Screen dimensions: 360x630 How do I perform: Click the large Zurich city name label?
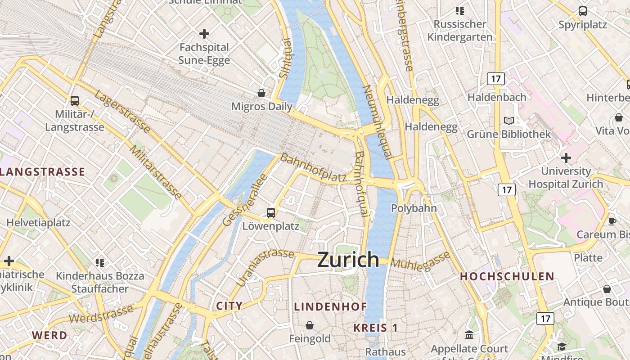(x=348, y=260)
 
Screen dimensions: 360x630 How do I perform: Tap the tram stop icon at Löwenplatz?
(x=271, y=212)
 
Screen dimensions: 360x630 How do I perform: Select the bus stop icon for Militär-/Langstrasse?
(x=75, y=101)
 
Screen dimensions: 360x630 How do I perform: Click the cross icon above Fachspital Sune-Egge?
(x=204, y=34)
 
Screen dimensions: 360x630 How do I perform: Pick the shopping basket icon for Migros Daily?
(x=261, y=93)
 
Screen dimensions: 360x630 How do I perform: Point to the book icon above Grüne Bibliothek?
(x=509, y=121)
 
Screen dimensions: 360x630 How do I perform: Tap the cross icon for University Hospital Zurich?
(x=566, y=158)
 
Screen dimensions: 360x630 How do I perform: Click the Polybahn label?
(x=414, y=208)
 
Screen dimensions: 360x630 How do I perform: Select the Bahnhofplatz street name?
(x=313, y=168)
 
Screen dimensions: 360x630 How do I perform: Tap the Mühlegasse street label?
(x=420, y=261)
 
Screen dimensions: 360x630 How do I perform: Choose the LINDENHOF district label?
(x=330, y=306)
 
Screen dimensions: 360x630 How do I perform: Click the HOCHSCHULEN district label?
(x=507, y=276)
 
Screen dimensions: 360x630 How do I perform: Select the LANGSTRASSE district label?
(x=43, y=171)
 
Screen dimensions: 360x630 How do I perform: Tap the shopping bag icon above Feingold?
(x=310, y=325)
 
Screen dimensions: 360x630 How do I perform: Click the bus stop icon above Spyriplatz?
(x=583, y=11)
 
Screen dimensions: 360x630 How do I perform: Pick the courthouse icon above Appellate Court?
(x=469, y=335)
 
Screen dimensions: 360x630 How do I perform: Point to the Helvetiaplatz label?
(x=38, y=222)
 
